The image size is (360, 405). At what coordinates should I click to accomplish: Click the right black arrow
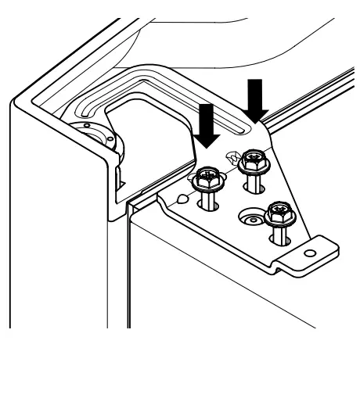coord(255,99)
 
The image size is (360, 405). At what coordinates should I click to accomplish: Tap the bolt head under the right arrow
coord(253,161)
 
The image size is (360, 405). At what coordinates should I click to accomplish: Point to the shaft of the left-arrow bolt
coord(208,202)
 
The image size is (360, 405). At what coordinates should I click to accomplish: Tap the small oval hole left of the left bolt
coord(182,197)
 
